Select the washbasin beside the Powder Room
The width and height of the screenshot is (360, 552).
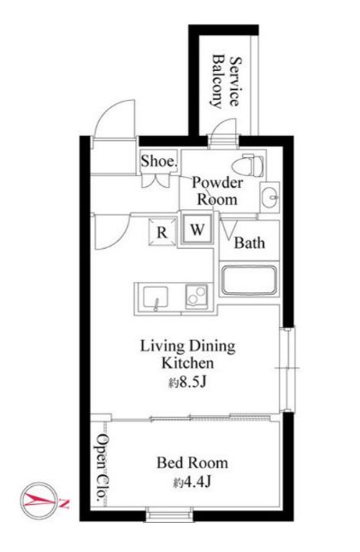(269, 197)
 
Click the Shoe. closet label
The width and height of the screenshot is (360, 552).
(159, 161)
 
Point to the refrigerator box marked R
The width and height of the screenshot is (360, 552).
(162, 232)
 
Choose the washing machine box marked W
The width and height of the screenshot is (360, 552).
(198, 230)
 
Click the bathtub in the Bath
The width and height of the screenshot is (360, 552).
(249, 280)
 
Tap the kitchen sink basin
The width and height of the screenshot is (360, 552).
(155, 298)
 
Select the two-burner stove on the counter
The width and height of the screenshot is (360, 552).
(196, 297)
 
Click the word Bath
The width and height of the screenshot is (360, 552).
(250, 243)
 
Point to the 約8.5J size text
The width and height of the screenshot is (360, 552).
(187, 383)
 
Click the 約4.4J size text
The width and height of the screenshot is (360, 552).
(192, 482)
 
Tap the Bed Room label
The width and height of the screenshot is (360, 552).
(192, 462)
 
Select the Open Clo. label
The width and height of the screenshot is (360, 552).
(102, 468)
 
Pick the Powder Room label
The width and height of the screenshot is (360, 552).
(217, 191)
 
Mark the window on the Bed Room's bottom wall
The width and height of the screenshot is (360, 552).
(169, 514)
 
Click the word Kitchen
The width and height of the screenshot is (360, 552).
(188, 363)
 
